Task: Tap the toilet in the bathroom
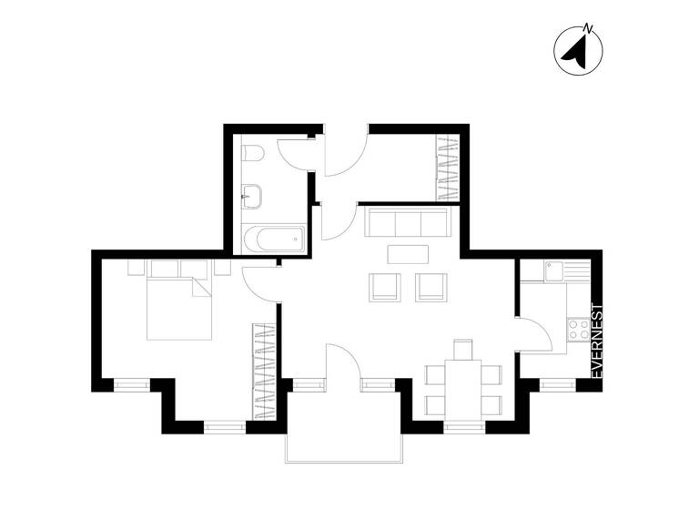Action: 254,153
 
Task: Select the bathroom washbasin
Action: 253,194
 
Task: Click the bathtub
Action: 273,241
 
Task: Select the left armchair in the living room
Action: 385,287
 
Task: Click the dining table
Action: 462,387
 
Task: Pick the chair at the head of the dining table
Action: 463,349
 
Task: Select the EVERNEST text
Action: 598,342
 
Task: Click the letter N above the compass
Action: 589,27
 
